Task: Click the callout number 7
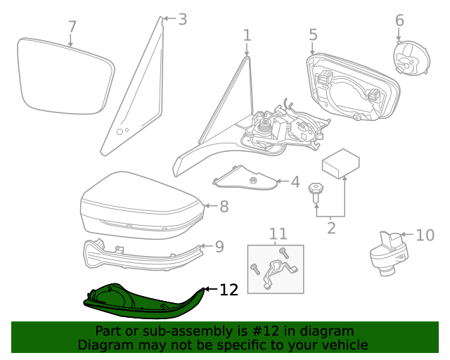[72, 27]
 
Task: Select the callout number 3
[182, 19]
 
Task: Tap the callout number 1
[247, 35]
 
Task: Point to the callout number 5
[313, 34]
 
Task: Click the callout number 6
[399, 20]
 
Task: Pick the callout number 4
[295, 183]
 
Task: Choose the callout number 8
[224, 207]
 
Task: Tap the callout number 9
[219, 247]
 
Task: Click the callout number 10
[425, 235]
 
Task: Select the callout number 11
[278, 233]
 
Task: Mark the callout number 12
[229, 290]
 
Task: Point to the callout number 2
[330, 228]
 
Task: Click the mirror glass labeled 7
[65, 75]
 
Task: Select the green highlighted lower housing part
[141, 299]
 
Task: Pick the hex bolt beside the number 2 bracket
[317, 190]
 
